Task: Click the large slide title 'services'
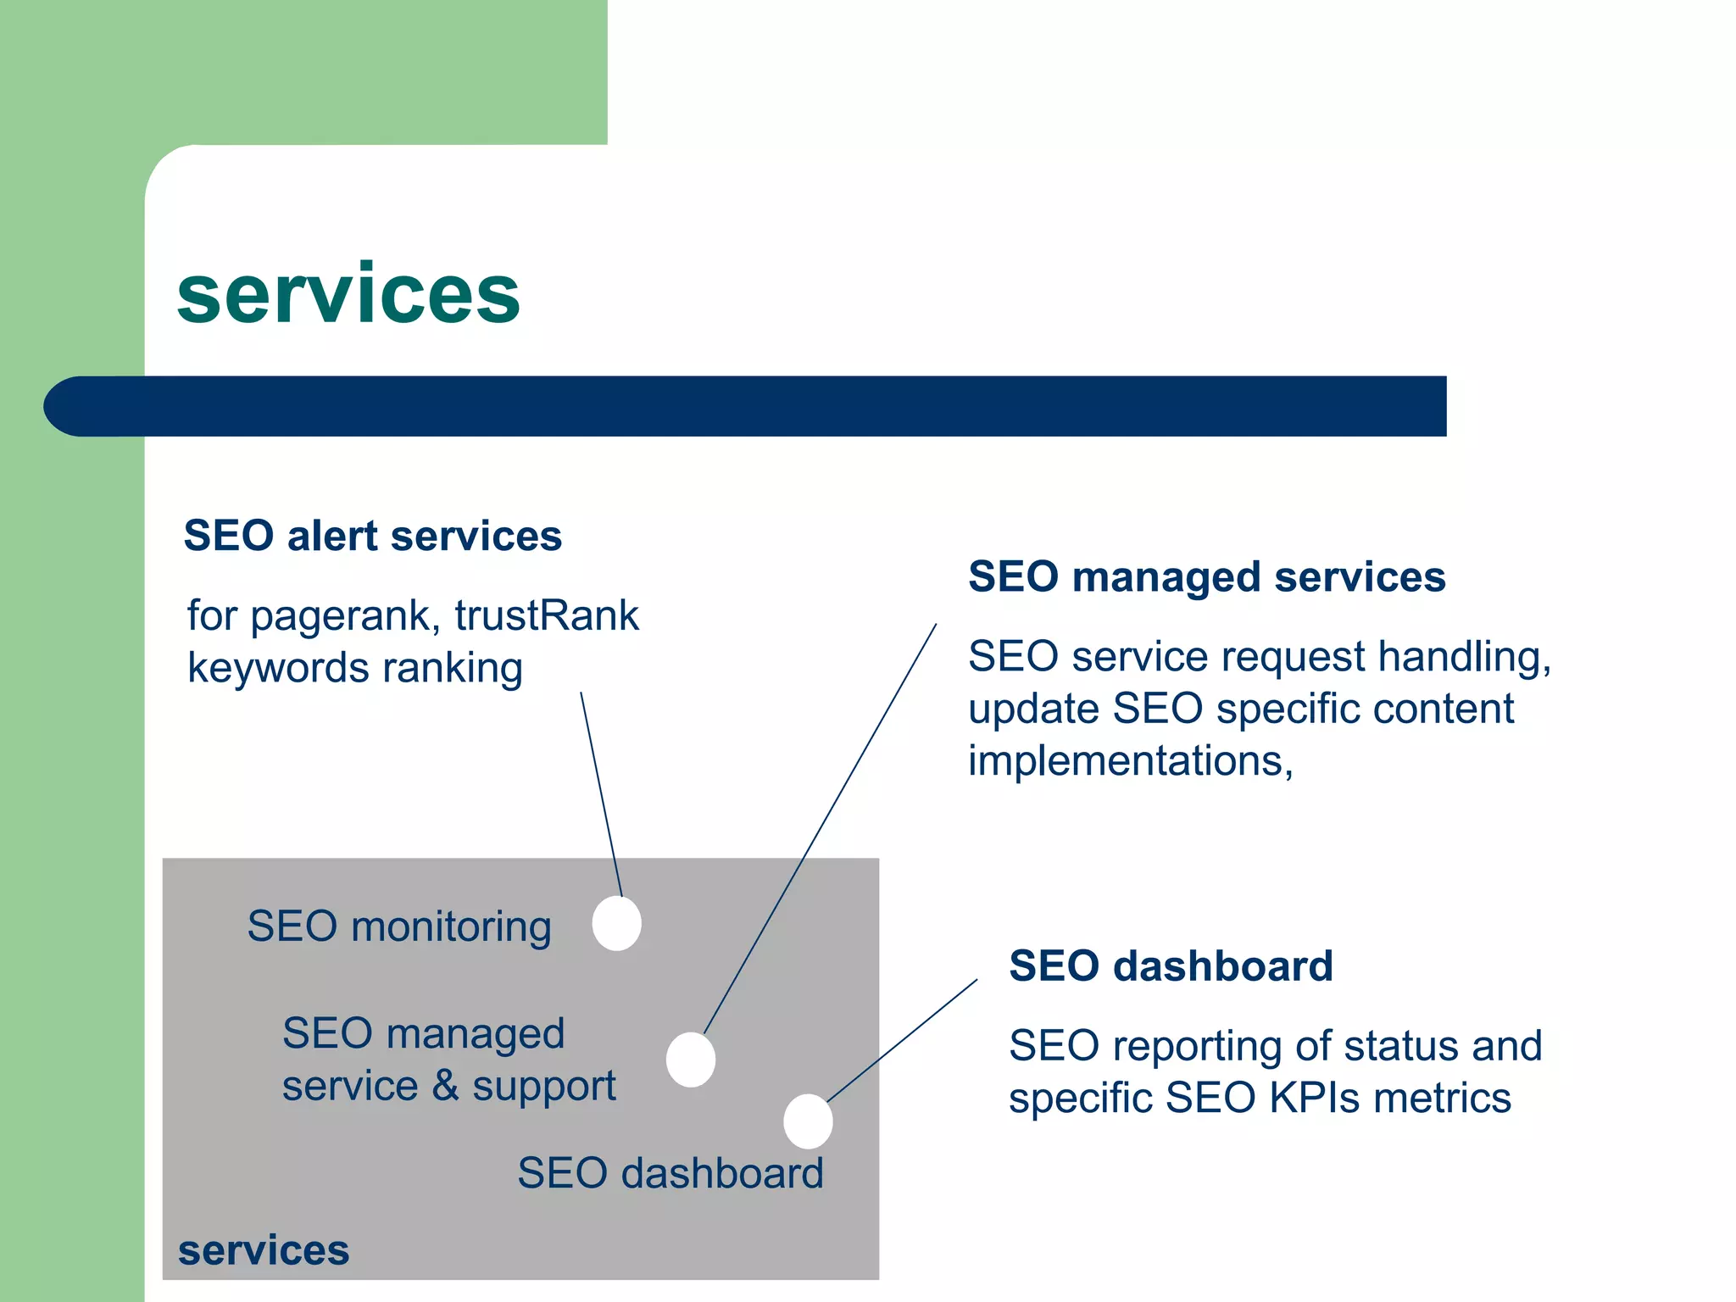pos(348,294)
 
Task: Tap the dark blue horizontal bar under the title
pos(746,406)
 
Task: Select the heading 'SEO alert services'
pos(373,536)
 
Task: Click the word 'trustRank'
pos(547,615)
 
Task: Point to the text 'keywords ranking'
pos(354,668)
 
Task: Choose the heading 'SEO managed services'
pos(1206,577)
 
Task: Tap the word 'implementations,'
pos(1130,761)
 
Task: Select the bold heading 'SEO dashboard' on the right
pos(1171,966)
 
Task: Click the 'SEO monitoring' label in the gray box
pos(399,926)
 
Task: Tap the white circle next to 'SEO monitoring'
pos(616,923)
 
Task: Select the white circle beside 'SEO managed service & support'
pos(690,1060)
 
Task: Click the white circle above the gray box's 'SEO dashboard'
pos(808,1121)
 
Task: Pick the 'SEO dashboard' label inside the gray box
pos(670,1174)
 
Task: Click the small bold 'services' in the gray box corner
pos(264,1251)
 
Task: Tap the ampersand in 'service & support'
pos(445,1086)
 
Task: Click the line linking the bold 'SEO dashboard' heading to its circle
pos(903,1040)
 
